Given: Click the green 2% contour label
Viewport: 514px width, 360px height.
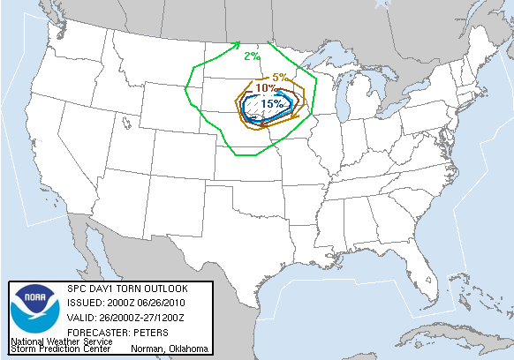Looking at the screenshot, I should [252, 56].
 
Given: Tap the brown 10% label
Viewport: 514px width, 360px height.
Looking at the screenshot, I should [266, 87].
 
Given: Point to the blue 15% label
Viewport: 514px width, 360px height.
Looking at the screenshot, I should [272, 103].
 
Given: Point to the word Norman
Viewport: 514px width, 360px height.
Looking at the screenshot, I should [146, 349].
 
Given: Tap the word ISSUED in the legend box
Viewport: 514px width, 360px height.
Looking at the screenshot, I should [83, 303].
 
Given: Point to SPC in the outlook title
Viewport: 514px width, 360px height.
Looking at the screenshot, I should [77, 289].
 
